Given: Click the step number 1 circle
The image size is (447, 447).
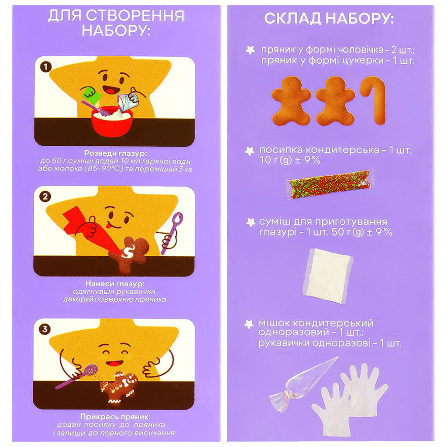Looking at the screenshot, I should tap(44, 68).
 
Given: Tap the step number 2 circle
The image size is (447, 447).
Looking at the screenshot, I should tap(44, 197).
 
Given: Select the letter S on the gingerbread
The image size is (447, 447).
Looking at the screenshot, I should tap(129, 251).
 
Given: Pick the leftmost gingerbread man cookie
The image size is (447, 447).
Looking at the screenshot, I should tap(291, 100).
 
